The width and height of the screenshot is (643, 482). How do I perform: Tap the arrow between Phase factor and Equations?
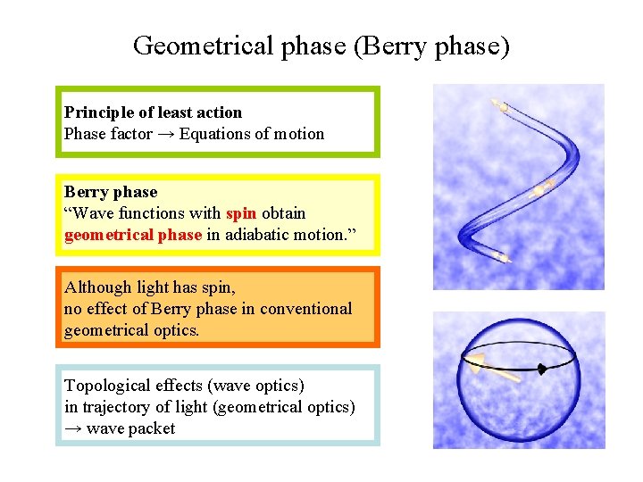166,134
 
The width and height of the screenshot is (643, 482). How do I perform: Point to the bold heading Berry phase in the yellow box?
111,192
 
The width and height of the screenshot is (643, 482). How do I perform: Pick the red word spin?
240,213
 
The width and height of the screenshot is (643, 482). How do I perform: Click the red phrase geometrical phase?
133,235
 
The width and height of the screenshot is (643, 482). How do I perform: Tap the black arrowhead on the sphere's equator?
541,368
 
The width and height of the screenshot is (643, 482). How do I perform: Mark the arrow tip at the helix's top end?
500,104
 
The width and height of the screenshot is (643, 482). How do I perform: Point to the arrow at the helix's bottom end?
500,258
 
